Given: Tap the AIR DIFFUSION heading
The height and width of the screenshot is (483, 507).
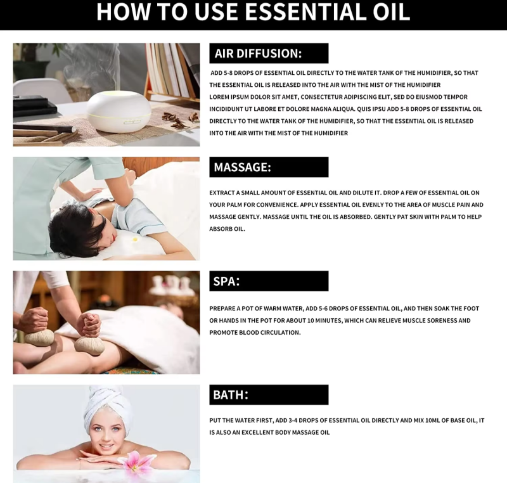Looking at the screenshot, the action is click(x=258, y=53).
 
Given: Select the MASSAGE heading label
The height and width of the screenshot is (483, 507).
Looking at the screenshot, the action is click(x=242, y=167).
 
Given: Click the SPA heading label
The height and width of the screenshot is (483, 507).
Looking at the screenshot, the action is click(x=226, y=281).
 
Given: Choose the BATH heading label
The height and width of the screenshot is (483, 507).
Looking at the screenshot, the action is click(x=231, y=395).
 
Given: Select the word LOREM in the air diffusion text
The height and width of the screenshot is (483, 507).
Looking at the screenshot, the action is click(x=219, y=97).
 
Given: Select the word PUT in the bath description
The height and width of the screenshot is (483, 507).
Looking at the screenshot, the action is click(x=215, y=420).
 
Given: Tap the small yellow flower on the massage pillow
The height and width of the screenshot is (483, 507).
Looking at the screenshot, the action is click(x=135, y=240).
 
